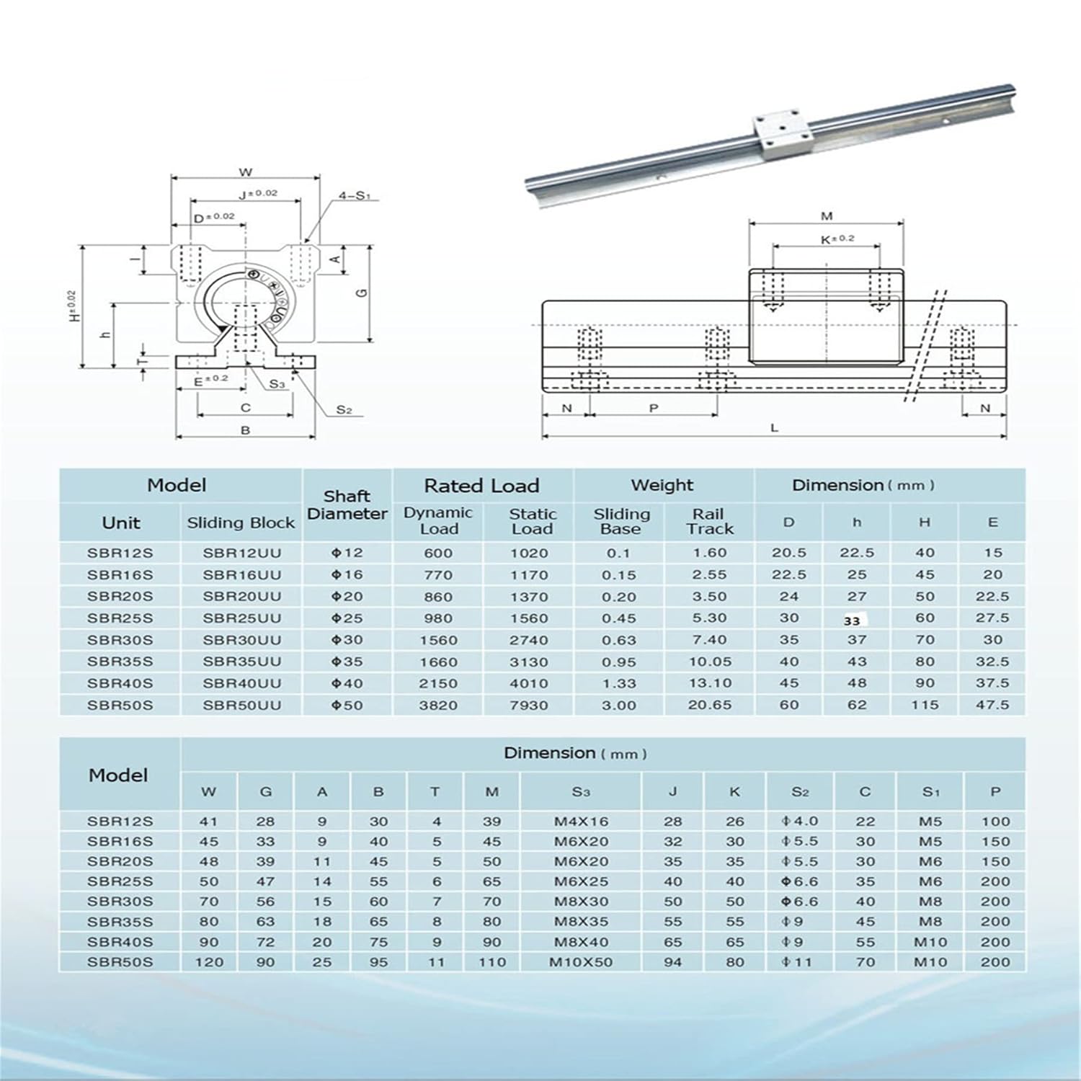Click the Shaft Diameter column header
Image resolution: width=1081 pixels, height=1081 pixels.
(x=347, y=504)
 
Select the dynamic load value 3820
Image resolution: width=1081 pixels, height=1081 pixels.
(x=438, y=705)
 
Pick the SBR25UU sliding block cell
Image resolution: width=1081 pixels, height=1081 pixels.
(x=241, y=618)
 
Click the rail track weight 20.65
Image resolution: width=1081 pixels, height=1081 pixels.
(x=709, y=705)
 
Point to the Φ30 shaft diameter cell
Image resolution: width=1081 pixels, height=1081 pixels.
(x=347, y=640)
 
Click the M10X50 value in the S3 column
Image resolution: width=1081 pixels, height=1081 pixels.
(x=580, y=962)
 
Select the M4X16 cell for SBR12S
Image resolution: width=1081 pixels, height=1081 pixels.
(x=580, y=822)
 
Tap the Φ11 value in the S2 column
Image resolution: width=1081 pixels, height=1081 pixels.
(x=799, y=962)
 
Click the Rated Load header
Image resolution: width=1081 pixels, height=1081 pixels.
(x=481, y=486)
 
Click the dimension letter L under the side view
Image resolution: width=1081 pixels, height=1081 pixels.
(x=775, y=428)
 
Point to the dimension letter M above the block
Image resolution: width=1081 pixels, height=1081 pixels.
(x=827, y=216)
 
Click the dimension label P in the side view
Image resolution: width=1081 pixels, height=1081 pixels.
(x=654, y=408)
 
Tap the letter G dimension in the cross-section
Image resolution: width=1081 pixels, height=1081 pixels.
(x=362, y=293)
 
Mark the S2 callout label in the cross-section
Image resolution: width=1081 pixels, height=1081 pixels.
(x=344, y=410)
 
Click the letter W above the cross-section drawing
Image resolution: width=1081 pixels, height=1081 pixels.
(x=245, y=172)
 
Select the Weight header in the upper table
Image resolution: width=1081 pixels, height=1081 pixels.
(x=662, y=486)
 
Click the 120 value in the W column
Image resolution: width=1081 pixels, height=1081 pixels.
(x=209, y=962)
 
